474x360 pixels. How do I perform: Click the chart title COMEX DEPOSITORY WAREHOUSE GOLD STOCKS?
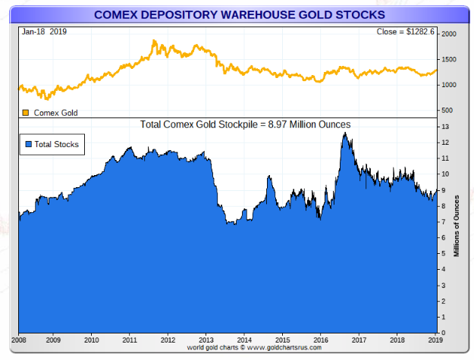pos(239,14)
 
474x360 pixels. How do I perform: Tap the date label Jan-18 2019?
pos(44,32)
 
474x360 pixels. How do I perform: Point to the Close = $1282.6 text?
pos(406,32)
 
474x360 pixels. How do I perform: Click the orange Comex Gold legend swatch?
pos(26,113)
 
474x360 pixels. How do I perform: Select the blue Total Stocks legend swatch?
pos(29,144)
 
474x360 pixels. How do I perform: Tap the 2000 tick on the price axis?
pos(449,35)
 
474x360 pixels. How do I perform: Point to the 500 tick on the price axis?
pos(447,110)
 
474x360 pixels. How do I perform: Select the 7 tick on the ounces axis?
pos(445,222)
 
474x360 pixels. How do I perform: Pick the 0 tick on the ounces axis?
pos(445,333)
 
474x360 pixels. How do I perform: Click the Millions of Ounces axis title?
pos(457,225)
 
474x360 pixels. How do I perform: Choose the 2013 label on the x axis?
pos(206,340)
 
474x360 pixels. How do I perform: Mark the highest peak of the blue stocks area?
pos(345,133)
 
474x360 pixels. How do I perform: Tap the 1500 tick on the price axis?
pos(449,60)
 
